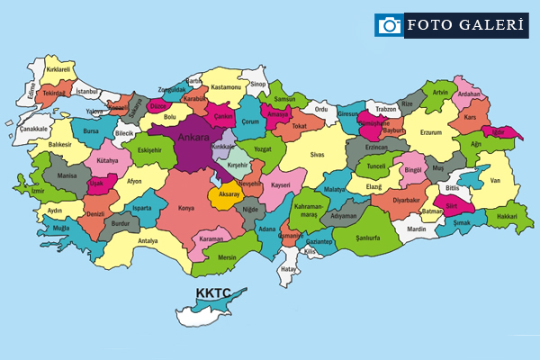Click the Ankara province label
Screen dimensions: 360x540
[193, 137]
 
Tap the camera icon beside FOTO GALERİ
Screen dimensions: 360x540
[389, 25]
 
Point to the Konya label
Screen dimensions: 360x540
[186, 208]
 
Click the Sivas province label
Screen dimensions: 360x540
[316, 155]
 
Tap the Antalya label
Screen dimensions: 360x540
[148, 240]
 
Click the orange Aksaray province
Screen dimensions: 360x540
[227, 195]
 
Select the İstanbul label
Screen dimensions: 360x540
[86, 92]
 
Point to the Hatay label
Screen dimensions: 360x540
[289, 268]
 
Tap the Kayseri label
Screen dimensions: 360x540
[282, 184]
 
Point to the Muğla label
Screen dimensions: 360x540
[61, 229]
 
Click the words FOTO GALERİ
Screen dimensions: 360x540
[465, 25]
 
